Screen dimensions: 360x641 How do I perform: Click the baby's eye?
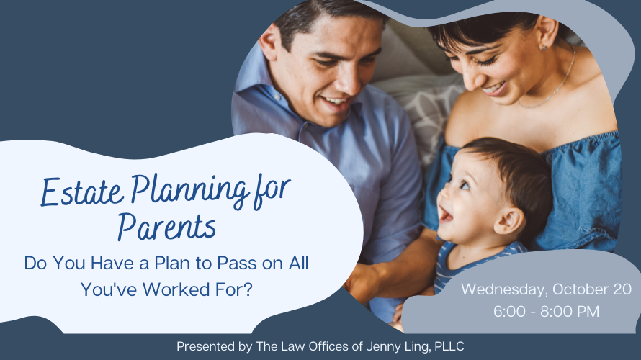coord(465,186)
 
